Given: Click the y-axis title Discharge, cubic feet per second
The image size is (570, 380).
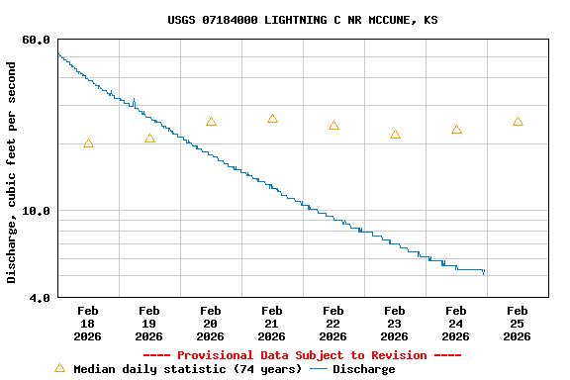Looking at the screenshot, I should (12, 172).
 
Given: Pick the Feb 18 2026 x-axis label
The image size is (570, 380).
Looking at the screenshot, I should (88, 324).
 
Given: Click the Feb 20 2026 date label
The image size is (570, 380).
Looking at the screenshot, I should (211, 324).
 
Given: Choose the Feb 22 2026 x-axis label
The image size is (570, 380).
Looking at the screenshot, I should (333, 324).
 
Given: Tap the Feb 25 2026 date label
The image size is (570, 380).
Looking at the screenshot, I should (518, 324).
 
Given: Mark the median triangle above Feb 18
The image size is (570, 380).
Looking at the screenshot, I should (88, 144).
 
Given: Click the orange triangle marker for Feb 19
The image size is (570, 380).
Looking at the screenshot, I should (149, 139).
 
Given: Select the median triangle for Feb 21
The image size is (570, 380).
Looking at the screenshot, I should (272, 119).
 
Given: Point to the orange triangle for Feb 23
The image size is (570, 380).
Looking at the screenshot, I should (395, 135).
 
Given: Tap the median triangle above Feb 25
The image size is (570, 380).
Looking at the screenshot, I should (518, 122).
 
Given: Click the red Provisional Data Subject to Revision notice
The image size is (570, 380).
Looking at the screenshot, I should (302, 355).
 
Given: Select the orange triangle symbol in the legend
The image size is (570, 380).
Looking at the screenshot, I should (59, 368).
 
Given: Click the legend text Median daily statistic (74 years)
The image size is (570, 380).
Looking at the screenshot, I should (187, 369).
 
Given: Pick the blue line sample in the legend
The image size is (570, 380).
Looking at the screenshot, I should (319, 369).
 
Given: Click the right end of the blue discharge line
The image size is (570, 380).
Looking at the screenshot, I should (484, 271).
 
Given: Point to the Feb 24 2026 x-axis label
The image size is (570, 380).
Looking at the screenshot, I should (456, 324).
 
